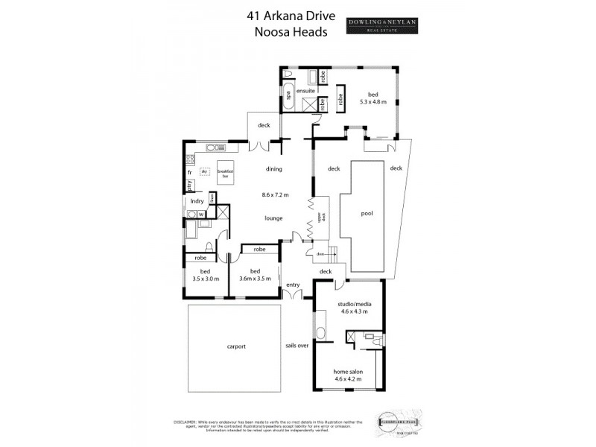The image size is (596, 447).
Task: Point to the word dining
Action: pyautogui.click(x=273, y=169)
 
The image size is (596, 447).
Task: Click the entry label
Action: pyautogui.click(x=293, y=284)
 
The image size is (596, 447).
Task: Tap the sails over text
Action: pyautogui.click(x=297, y=346)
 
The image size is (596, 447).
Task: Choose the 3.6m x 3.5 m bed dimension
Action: pyautogui.click(x=255, y=278)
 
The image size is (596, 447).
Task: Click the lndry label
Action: pyautogui.click(x=197, y=200)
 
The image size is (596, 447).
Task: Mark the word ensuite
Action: pyautogui.click(x=304, y=90)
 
